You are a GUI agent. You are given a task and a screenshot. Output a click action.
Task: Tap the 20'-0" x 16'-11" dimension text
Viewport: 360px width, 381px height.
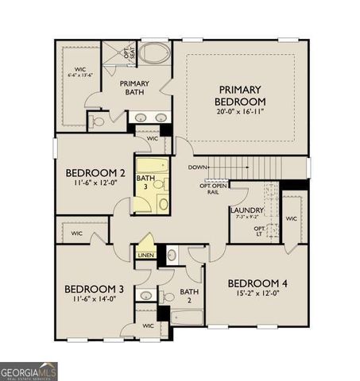point(239,112)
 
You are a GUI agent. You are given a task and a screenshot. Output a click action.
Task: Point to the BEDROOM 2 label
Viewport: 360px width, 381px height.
point(95,172)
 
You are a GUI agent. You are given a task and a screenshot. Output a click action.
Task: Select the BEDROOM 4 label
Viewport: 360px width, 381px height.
point(257,283)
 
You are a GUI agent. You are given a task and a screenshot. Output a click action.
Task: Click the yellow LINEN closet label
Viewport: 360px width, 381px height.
point(145,255)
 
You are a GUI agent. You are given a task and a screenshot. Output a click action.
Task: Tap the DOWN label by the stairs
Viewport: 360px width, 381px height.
point(198,167)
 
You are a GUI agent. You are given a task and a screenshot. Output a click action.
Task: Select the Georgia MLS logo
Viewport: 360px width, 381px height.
point(29,371)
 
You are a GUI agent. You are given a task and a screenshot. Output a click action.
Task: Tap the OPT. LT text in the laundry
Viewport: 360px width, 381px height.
point(259,232)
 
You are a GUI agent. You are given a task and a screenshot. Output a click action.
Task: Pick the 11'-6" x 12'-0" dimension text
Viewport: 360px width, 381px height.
point(95,184)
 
